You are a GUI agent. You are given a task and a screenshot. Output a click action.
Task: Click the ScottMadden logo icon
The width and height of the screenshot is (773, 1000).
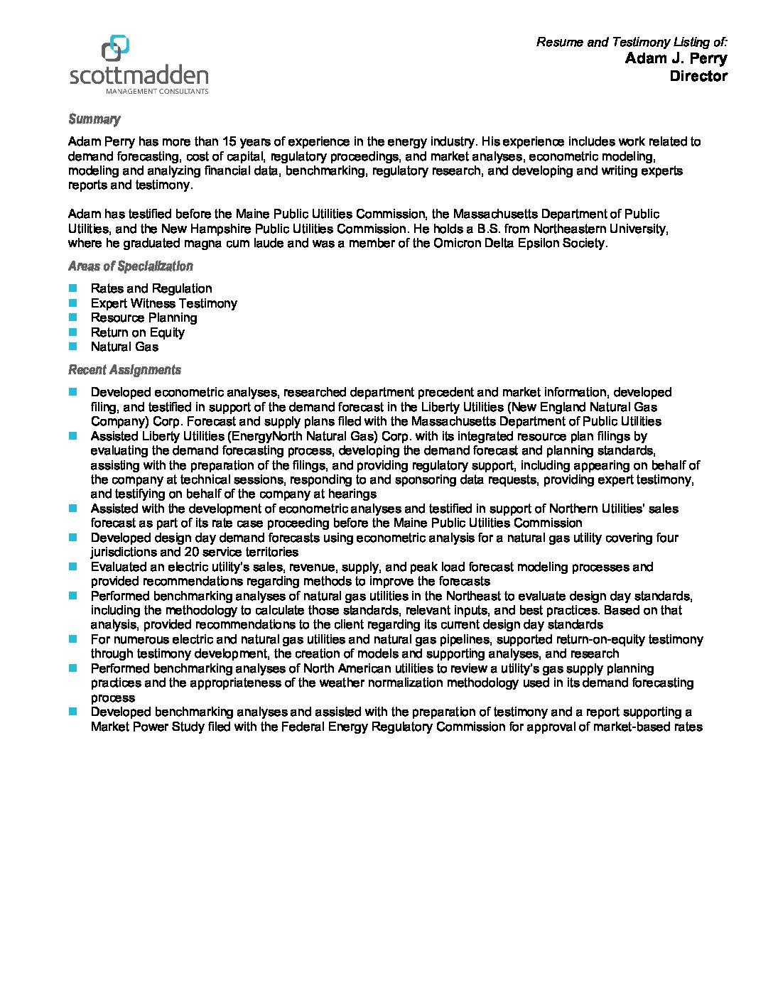[x=115, y=48]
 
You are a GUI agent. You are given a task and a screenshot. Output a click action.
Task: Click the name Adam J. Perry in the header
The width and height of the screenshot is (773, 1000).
[x=676, y=58]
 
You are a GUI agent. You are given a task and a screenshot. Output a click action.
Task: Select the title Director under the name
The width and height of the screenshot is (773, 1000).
[x=698, y=76]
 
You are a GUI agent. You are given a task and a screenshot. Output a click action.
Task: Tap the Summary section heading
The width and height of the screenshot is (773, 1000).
[x=94, y=119]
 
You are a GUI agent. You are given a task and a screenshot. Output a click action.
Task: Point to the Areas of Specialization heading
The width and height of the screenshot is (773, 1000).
[x=130, y=266]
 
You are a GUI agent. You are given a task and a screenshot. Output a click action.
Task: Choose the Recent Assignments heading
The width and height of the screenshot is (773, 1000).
[x=124, y=370]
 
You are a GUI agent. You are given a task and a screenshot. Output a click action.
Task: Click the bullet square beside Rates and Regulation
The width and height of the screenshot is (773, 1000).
[x=72, y=288]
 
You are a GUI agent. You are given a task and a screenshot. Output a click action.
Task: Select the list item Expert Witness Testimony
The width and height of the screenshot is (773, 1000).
[x=163, y=303]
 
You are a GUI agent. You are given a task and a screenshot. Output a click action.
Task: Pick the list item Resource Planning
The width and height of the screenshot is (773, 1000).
[x=144, y=317]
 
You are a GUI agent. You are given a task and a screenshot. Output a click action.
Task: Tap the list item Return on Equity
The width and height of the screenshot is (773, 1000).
[x=137, y=332]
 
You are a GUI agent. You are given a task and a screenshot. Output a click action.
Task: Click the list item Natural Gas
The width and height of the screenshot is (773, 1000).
[x=124, y=347]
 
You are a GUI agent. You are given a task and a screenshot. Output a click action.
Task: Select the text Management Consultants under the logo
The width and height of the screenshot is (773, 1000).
[x=157, y=92]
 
